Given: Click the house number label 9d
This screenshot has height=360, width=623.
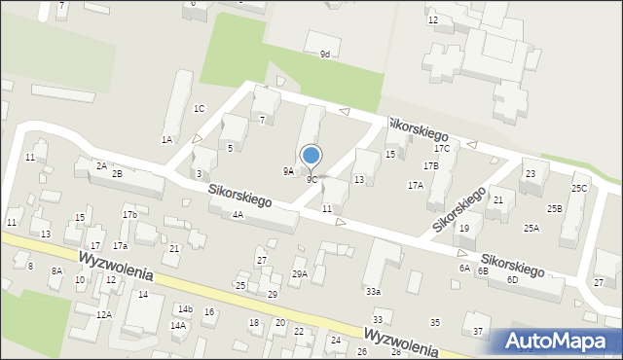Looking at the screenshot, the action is pos(325,54).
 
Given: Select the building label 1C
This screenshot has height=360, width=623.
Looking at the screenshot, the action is pos(199,108).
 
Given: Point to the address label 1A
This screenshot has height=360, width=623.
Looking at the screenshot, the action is pos(166,139).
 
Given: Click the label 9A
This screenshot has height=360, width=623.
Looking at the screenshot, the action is pos(288,170).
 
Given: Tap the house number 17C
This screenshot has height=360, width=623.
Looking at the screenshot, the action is pos(442,149).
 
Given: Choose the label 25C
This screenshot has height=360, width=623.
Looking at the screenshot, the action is pos(579,188).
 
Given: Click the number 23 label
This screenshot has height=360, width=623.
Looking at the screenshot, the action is pos(530,174).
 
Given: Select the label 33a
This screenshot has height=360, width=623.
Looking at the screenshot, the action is pos(373,291).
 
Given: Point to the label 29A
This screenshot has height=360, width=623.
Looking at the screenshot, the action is pos(300,274).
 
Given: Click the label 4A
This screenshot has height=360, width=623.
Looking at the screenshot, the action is pos(238,215).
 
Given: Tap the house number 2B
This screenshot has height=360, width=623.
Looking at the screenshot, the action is pos(117,173).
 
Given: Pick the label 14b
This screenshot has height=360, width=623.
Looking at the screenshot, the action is pos(185,308).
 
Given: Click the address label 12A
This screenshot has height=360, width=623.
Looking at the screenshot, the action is pos(104,314).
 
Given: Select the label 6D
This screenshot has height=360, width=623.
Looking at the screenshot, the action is pos(512,279).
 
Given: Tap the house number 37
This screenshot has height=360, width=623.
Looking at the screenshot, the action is pos(478,332).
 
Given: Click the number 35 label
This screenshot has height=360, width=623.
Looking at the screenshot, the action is pos(435,322).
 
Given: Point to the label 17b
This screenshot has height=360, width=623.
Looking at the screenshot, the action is pos(129,214).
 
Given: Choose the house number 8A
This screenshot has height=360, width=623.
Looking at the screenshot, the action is pos(56,271).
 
